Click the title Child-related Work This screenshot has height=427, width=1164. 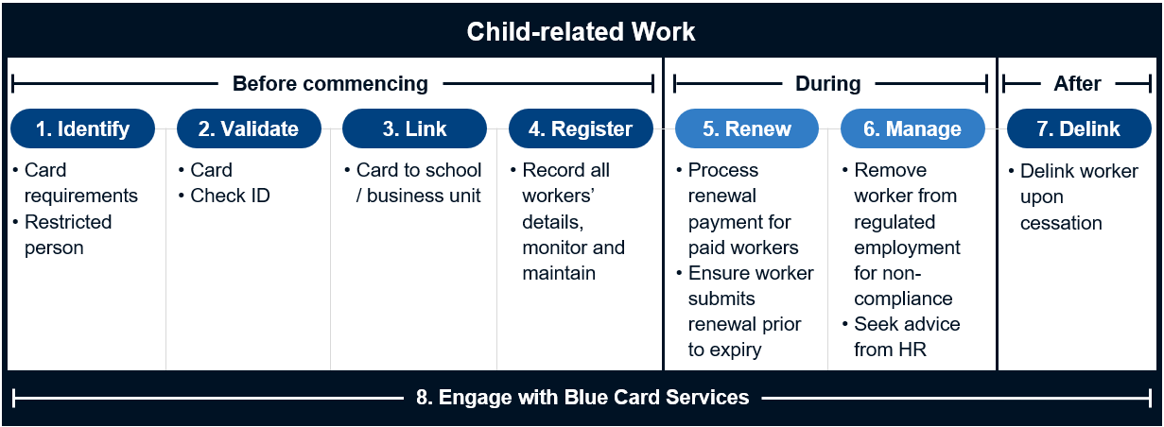[x=581, y=31]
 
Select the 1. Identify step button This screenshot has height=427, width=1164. [x=82, y=128]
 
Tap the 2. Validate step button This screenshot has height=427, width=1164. [x=248, y=128]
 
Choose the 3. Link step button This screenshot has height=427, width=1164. [x=414, y=128]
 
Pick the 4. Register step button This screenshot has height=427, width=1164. [x=581, y=128]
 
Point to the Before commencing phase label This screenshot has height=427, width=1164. [x=330, y=84]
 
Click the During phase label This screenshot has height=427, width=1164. [x=827, y=84]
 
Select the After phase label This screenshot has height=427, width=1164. [x=1077, y=84]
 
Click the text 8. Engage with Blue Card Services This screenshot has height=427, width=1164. [x=582, y=397]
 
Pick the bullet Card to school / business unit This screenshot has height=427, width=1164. [x=418, y=182]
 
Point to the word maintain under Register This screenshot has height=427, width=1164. [x=559, y=273]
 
